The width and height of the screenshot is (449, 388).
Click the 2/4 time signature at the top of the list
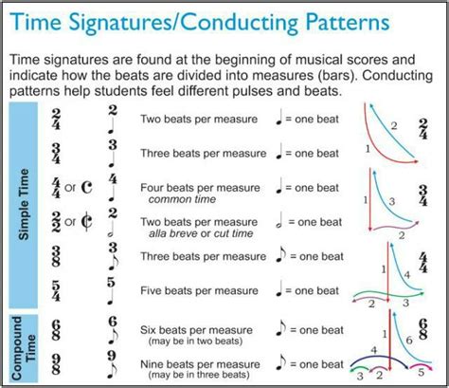tap(57, 121)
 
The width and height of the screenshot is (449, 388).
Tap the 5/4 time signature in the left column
tap(57, 288)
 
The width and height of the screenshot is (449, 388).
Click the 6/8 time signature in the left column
tap(57, 330)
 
